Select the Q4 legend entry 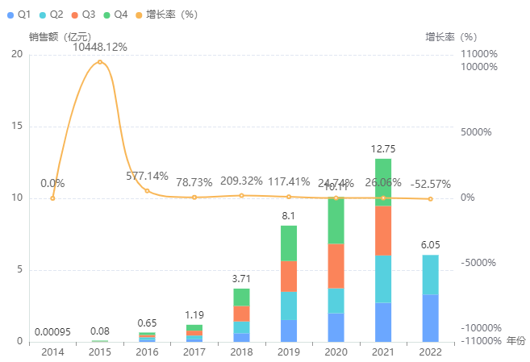click(x=115, y=14)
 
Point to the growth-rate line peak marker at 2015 click(x=100, y=62)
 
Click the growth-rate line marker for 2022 click(x=430, y=199)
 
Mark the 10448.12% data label click(x=100, y=48)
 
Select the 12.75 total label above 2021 click(x=382, y=149)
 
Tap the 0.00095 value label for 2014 click(x=52, y=331)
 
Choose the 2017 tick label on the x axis click(x=194, y=352)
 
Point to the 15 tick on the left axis click(x=17, y=127)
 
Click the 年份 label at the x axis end click(x=515, y=342)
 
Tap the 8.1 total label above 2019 click(x=289, y=216)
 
